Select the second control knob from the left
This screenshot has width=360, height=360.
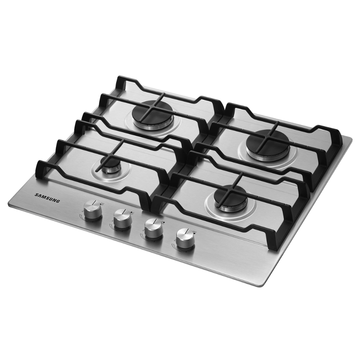point(123,219)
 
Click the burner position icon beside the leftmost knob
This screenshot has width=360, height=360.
point(102,204)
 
